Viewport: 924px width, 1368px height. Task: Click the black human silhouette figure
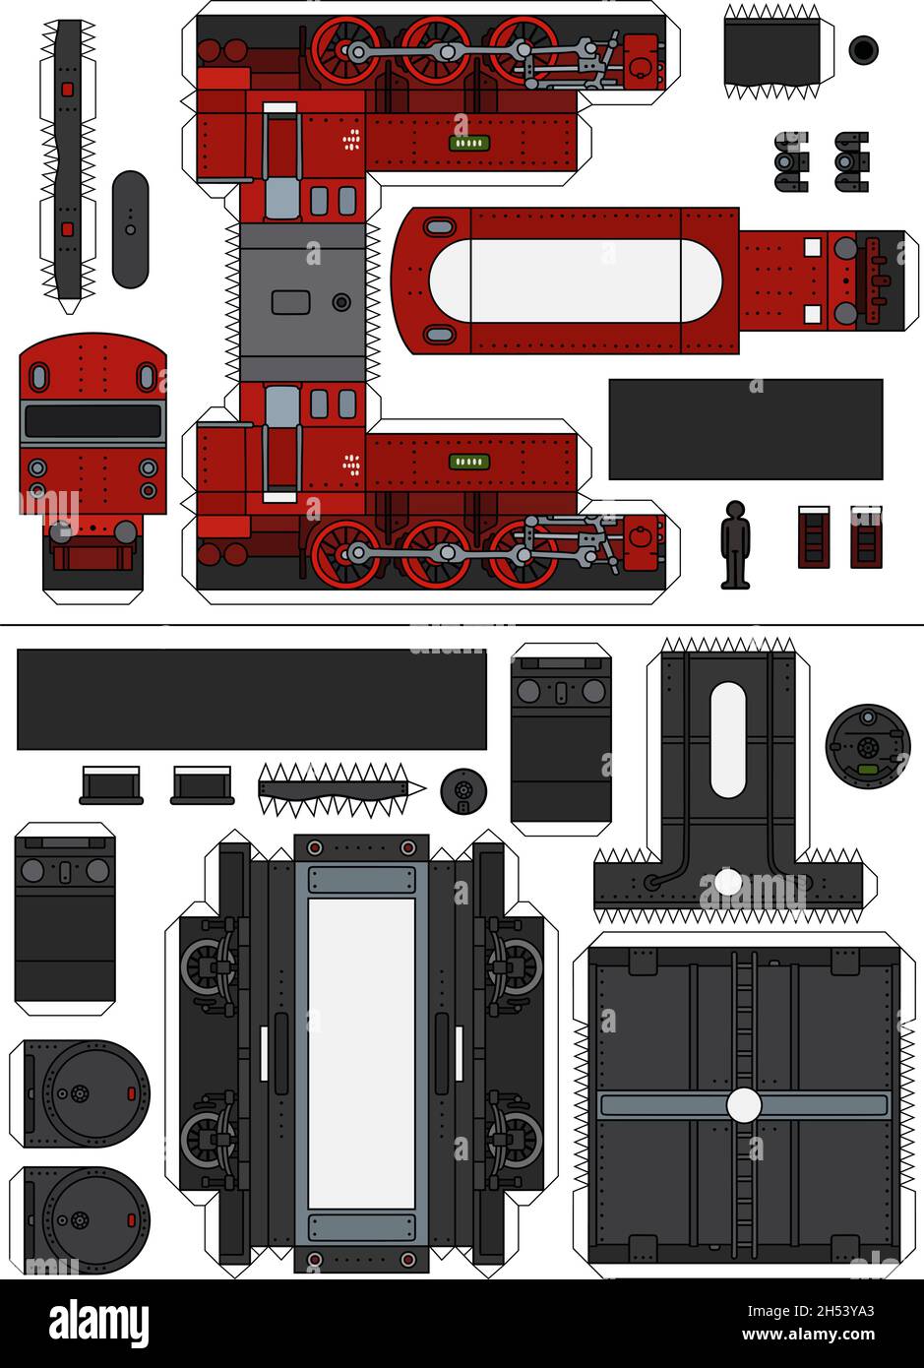click(734, 544)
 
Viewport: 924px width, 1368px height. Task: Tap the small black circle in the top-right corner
click(863, 49)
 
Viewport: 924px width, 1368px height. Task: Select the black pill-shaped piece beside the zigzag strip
click(130, 229)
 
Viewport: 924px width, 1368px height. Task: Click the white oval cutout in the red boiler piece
click(575, 280)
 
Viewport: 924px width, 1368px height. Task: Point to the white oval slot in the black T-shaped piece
click(727, 739)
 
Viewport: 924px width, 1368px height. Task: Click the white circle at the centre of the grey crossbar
click(744, 1104)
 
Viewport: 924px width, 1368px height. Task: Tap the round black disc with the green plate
click(867, 747)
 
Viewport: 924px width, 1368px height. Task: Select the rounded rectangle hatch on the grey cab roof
click(290, 302)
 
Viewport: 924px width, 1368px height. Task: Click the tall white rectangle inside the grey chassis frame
click(361, 1053)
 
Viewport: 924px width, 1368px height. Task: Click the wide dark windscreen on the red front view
click(92, 421)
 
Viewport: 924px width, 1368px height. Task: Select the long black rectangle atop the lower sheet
click(251, 699)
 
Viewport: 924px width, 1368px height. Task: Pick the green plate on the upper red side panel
click(469, 143)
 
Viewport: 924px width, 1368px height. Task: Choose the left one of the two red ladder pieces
click(813, 537)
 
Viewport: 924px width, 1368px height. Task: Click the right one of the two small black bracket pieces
click(851, 161)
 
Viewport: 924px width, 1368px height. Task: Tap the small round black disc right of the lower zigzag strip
click(462, 789)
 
